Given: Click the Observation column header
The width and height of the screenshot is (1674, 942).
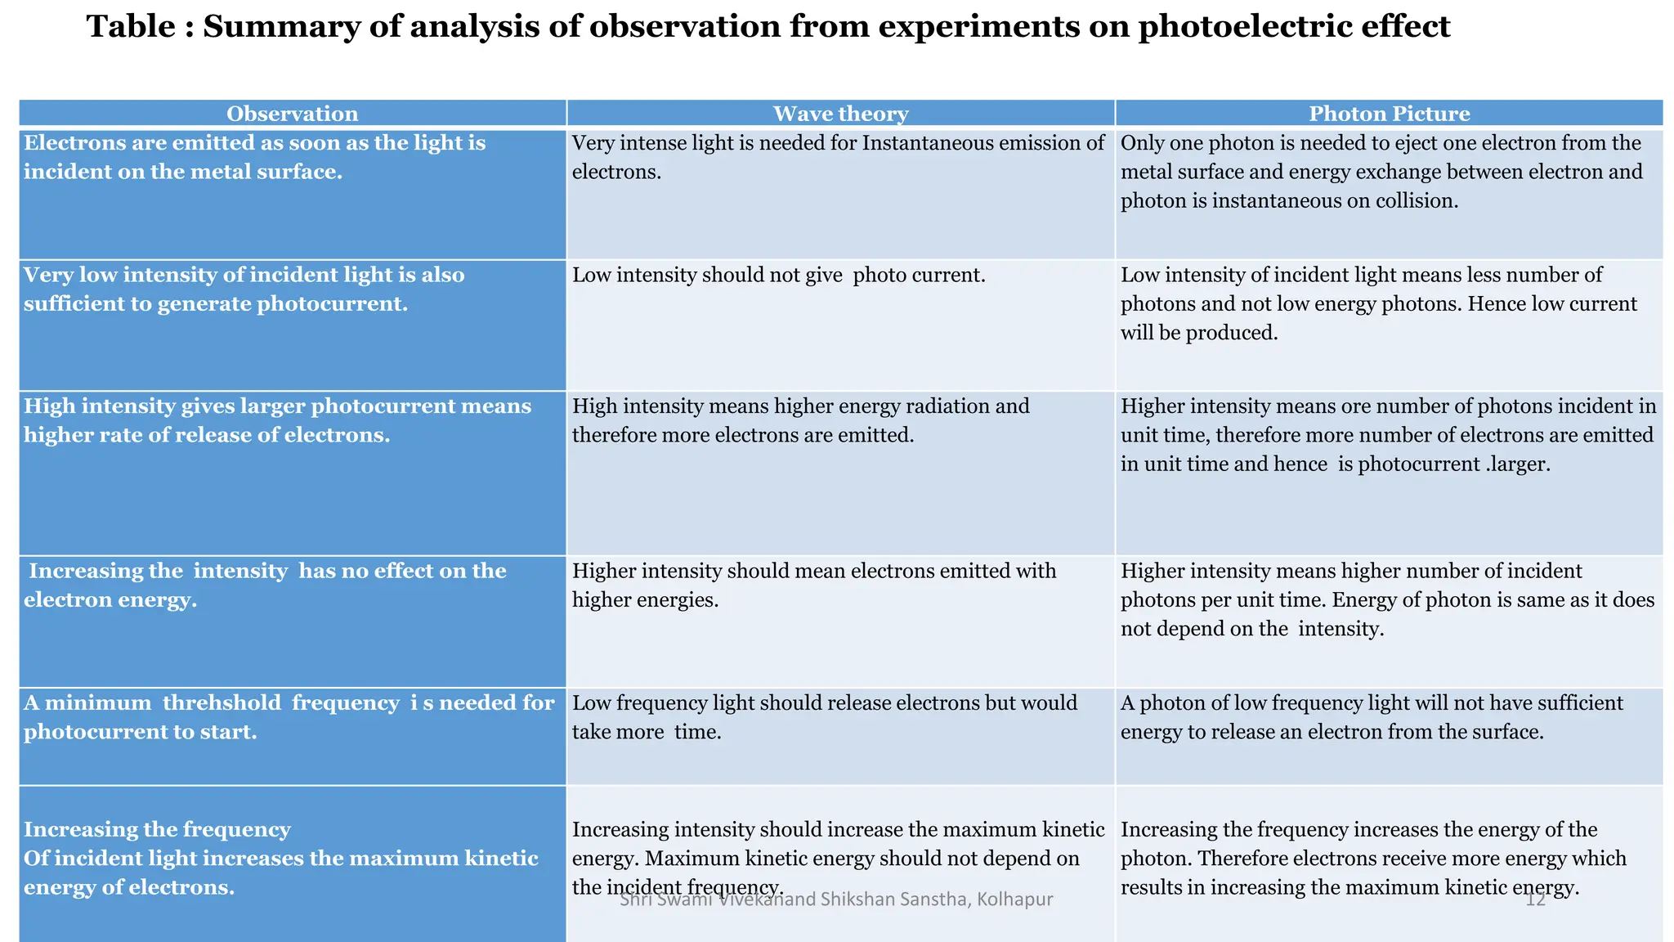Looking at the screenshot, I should (292, 114).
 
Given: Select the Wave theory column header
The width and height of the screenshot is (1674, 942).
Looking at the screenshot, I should (840, 114).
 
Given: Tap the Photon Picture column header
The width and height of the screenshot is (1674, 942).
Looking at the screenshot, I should (1389, 114).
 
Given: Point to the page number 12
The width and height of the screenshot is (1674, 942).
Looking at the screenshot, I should (1535, 899).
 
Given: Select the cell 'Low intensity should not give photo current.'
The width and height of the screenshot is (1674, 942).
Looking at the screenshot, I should (778, 276).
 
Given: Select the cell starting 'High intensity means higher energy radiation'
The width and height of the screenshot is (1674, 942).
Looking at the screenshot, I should (800, 421).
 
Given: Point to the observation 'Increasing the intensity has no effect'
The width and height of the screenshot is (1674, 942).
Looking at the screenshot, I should (265, 585).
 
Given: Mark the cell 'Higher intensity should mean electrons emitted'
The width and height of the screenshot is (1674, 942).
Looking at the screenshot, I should (813, 585).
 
